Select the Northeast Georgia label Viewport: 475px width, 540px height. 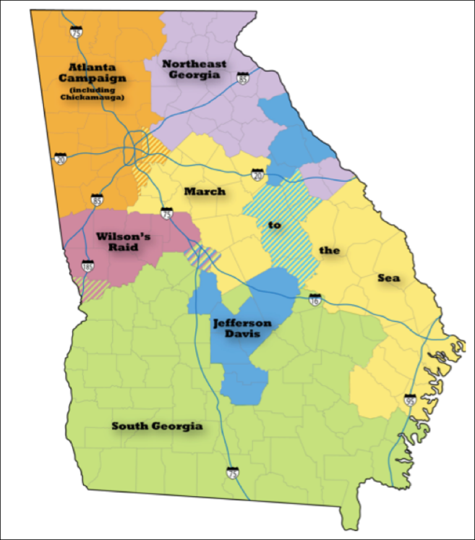click(x=194, y=69)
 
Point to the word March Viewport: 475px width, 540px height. click(x=205, y=191)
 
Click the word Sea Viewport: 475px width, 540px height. click(x=389, y=278)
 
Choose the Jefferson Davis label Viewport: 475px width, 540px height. click(x=242, y=328)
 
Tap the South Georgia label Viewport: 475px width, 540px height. click(x=157, y=426)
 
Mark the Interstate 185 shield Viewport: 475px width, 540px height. click(x=88, y=265)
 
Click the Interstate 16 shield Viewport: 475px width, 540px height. click(x=315, y=299)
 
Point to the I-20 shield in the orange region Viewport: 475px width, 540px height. click(x=61, y=159)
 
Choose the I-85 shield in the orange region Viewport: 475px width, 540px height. click(x=97, y=199)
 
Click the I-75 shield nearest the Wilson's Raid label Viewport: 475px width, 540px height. click(x=166, y=214)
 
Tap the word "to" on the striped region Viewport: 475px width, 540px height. click(x=275, y=225)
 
